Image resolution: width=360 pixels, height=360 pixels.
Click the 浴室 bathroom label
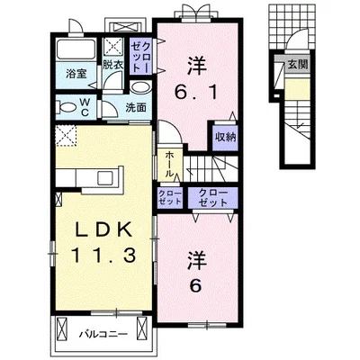[76, 74]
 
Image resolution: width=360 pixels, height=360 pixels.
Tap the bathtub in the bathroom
[76, 49]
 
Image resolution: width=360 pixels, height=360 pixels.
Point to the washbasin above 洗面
[141, 87]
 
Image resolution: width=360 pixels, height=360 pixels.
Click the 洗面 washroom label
[136, 108]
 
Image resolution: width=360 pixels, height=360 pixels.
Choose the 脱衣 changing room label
[113, 65]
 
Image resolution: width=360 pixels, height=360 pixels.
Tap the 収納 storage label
[225, 138]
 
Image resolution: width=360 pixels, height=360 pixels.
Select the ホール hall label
[169, 164]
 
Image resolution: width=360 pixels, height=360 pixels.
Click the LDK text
[103, 230]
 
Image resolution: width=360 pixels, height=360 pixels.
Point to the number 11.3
[103, 256]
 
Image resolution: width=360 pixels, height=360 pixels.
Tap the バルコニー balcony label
[103, 334]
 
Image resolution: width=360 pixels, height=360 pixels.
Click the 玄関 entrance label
[298, 64]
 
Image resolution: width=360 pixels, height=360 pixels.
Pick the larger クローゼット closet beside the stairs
[212, 198]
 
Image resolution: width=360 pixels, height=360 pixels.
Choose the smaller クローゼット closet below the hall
[170, 198]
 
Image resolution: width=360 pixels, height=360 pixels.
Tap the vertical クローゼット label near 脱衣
[140, 56]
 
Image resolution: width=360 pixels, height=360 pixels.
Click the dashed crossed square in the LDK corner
[66, 136]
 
